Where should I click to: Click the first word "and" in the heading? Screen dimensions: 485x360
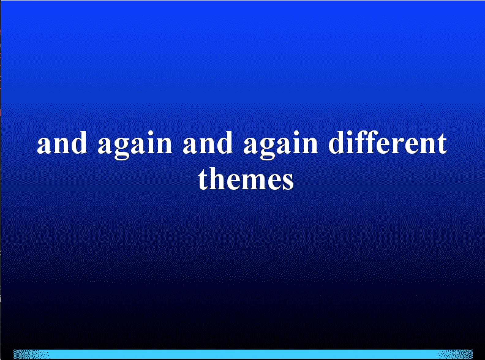click(62, 143)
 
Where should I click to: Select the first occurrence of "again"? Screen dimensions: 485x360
click(135, 145)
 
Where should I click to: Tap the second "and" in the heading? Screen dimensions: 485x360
click(208, 143)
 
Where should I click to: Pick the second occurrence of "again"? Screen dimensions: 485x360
click(280, 145)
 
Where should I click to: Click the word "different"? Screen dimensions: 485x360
click(388, 142)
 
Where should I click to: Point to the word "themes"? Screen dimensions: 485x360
click(246, 178)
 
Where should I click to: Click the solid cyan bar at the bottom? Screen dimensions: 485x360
click(243, 354)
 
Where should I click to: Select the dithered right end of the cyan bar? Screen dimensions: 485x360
click(455, 354)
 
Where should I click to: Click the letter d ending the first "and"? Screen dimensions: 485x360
click(79, 143)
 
